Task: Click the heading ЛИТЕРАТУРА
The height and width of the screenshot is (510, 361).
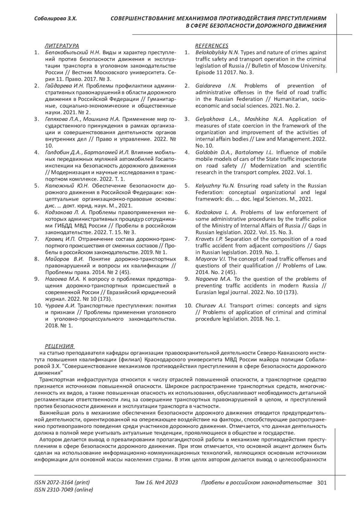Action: (x=62, y=46)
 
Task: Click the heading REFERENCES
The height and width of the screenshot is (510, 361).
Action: (x=212, y=46)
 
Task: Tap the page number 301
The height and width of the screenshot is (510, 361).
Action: (x=322, y=483)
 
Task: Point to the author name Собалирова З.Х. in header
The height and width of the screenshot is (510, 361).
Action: (x=56, y=19)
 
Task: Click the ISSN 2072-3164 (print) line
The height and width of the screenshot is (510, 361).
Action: (x=62, y=483)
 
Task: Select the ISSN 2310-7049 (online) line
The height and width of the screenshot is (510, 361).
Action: (x=64, y=490)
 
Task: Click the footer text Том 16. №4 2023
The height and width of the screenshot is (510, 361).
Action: (x=156, y=483)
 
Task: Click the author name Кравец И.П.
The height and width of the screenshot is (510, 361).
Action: (x=60, y=239)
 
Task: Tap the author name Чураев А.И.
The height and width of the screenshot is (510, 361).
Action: (x=60, y=306)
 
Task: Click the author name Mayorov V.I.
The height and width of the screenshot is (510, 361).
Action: (x=211, y=259)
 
